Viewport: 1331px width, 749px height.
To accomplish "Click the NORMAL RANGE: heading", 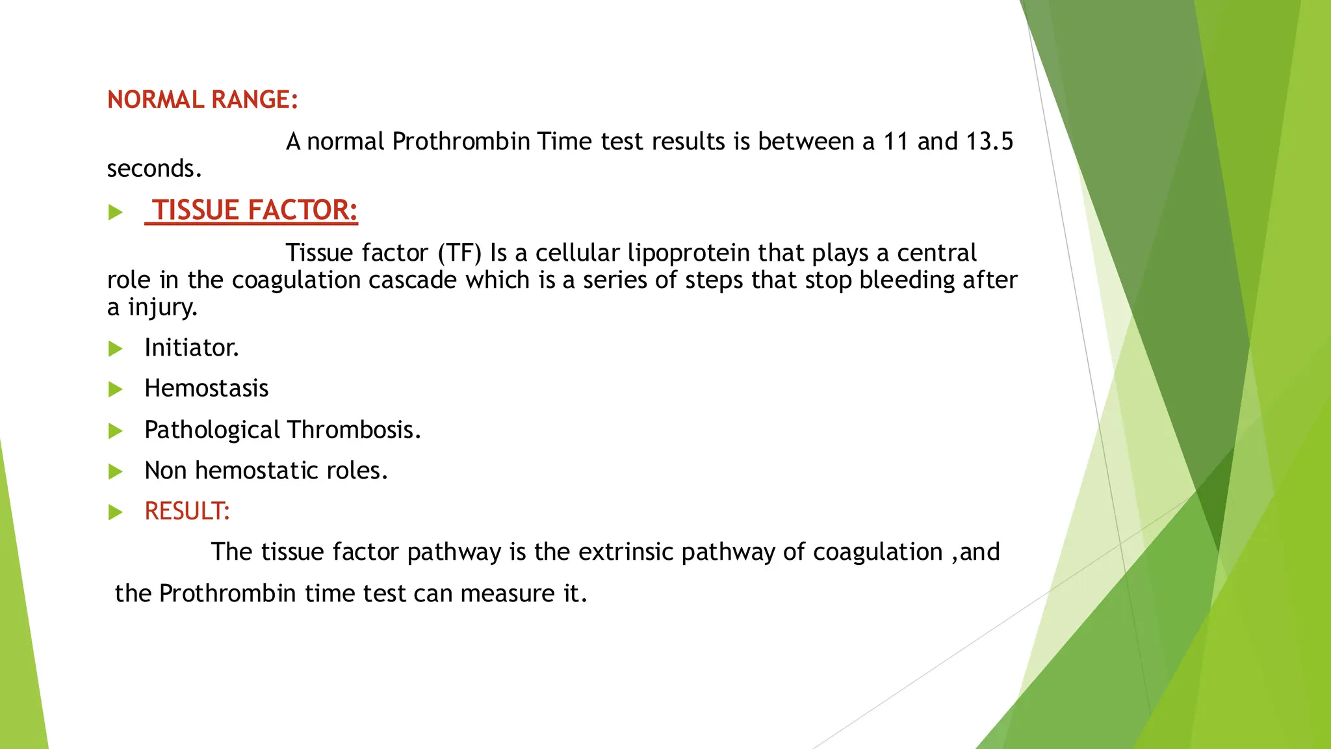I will pos(202,100).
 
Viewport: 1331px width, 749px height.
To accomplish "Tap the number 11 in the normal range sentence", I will pos(896,142).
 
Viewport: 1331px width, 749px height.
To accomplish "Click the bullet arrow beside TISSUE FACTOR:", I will pos(116,213).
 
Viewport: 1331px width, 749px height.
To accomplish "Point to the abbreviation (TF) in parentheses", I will pos(459,253).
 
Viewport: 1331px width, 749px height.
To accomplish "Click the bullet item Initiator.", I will pos(192,348).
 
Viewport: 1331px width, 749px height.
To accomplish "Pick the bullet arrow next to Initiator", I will pos(116,349).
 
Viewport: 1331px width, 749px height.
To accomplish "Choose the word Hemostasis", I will pos(206,389).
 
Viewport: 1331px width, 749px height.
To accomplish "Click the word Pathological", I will pos(213,430).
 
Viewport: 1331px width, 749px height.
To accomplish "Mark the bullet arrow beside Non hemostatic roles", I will pos(116,471).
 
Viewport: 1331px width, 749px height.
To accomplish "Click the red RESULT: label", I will pos(187,512).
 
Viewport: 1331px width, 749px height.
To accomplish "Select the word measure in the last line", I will pos(508,594).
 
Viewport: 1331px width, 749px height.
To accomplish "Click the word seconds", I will pos(154,169).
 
